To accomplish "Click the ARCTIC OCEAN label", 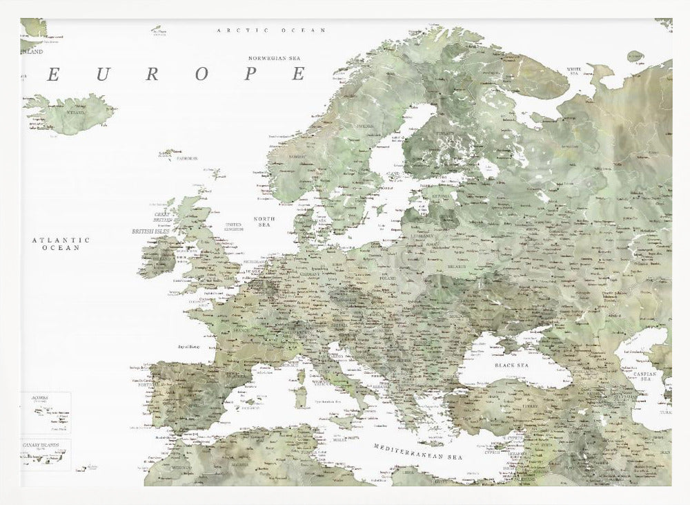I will [x=271, y=31].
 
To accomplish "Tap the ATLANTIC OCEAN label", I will [x=61, y=243].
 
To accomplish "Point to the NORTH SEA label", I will [x=264, y=222].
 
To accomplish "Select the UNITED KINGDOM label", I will [x=234, y=227].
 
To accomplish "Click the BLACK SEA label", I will [x=511, y=364].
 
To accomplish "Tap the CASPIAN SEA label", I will [x=649, y=377].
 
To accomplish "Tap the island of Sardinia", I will [x=300, y=397].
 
